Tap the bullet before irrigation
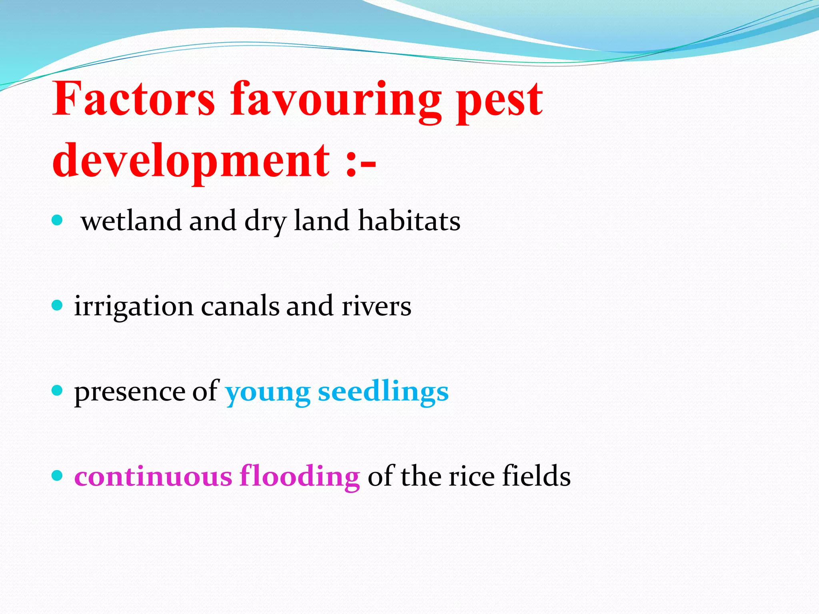click(x=58, y=305)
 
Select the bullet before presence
click(x=58, y=391)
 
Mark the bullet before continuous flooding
click(x=58, y=476)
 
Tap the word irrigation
click(x=134, y=307)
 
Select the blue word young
click(x=268, y=393)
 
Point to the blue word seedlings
click(x=383, y=393)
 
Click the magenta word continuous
click(x=153, y=476)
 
